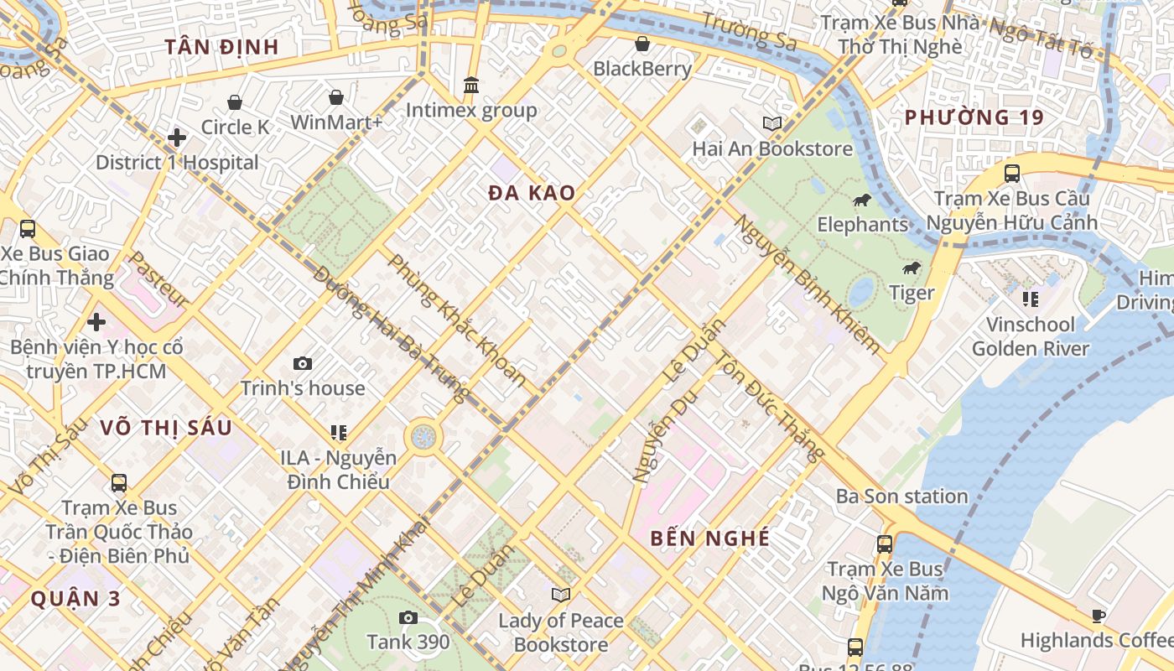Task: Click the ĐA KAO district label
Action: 532,193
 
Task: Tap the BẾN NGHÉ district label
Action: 709,538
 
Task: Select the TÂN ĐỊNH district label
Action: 221,47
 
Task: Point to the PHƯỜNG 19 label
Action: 974,117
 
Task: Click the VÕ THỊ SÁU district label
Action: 166,428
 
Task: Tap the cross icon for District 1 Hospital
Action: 177,138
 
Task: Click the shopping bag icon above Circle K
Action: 235,102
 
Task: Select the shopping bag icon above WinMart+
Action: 336,97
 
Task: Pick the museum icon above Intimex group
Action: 471,86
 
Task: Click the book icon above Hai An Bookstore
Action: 772,124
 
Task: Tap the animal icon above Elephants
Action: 862,200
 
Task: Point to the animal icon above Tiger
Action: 912,268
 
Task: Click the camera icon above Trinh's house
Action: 303,364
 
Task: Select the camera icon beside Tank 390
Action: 408,618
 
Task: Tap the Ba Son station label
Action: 901,497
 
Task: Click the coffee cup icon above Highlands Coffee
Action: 1099,616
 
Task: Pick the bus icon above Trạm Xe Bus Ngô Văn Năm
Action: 885,544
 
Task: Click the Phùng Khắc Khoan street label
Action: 457,320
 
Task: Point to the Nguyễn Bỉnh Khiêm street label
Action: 808,283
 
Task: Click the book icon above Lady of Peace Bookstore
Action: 560,596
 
